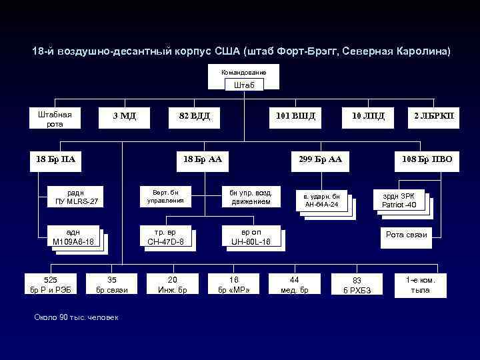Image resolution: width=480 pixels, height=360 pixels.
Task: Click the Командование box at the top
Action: [243, 72]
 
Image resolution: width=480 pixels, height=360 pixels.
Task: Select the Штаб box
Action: [243, 85]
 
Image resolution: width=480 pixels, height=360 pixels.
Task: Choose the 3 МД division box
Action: [124, 116]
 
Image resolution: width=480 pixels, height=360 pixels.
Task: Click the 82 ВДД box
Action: [194, 116]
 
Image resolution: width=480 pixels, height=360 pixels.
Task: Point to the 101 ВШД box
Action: [295, 116]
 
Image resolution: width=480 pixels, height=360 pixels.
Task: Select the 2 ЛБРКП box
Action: [433, 116]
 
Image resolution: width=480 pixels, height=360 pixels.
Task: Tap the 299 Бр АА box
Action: [320, 159]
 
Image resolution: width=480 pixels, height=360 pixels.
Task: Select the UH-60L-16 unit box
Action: [251, 237]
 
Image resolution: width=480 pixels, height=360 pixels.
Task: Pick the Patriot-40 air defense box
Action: [399, 201]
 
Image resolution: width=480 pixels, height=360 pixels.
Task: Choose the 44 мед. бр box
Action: [293, 284]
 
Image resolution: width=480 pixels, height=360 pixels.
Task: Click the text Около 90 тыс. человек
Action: [76, 317]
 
